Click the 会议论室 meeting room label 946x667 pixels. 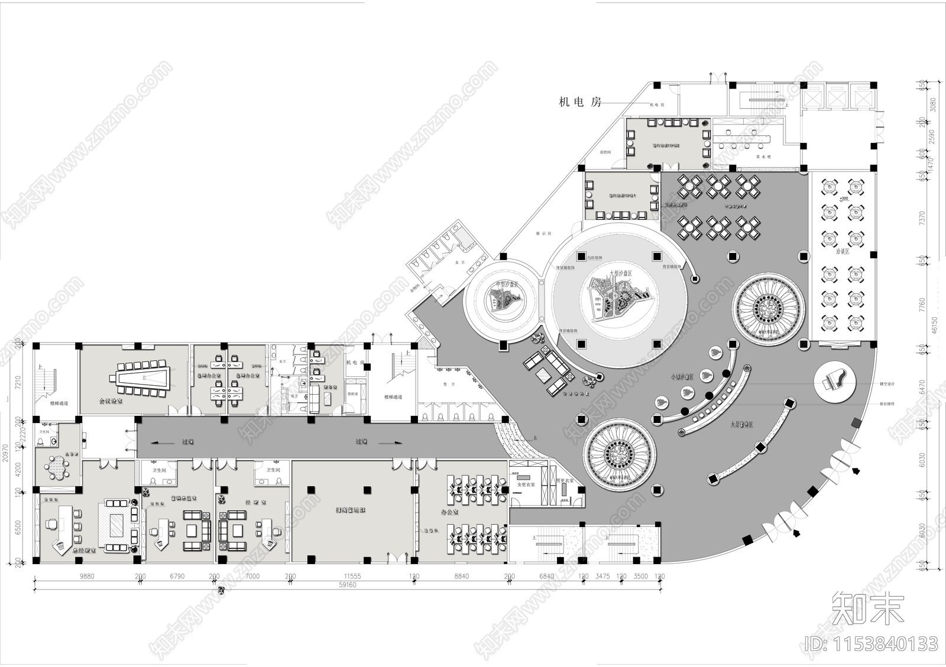[111, 400]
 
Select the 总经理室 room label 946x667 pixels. [84, 549]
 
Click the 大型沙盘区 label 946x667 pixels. [621, 274]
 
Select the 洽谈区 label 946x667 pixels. [842, 252]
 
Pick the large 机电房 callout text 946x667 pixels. [580, 102]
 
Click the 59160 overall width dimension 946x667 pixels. [348, 585]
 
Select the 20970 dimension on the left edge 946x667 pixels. [6, 453]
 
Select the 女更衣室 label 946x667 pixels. [526, 484]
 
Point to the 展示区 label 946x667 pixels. [543, 234]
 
